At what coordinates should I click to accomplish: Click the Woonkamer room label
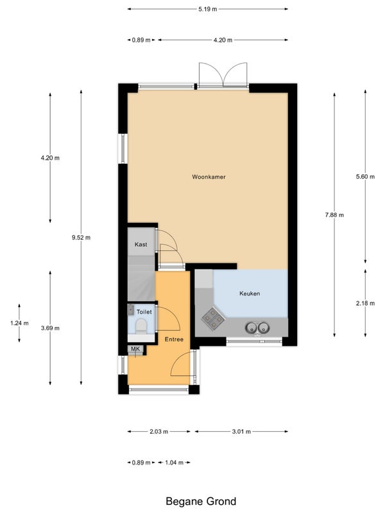(x=209, y=177)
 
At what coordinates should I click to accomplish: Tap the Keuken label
(x=250, y=294)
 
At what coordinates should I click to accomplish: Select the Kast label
(x=141, y=245)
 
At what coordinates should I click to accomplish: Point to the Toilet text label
(x=144, y=312)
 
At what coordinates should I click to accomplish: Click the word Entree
(x=174, y=339)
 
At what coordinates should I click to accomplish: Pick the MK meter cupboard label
(x=135, y=349)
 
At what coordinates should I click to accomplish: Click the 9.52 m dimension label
(x=81, y=238)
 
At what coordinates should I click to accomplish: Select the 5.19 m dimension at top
(x=207, y=9)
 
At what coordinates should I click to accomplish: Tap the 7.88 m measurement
(x=334, y=215)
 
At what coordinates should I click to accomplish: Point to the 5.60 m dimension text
(x=365, y=177)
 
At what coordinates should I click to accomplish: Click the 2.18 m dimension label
(x=365, y=303)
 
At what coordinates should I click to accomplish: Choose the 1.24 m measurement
(x=19, y=323)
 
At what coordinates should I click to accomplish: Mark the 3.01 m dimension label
(x=241, y=432)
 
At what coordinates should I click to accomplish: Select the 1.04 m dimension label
(x=174, y=463)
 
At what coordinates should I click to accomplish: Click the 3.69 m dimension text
(x=50, y=328)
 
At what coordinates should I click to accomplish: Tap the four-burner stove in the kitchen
(x=212, y=319)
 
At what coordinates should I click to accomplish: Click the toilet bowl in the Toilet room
(x=141, y=326)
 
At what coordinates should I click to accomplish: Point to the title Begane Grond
(x=201, y=501)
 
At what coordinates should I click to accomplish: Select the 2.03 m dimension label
(x=158, y=432)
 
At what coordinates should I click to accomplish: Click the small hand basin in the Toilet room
(x=131, y=310)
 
